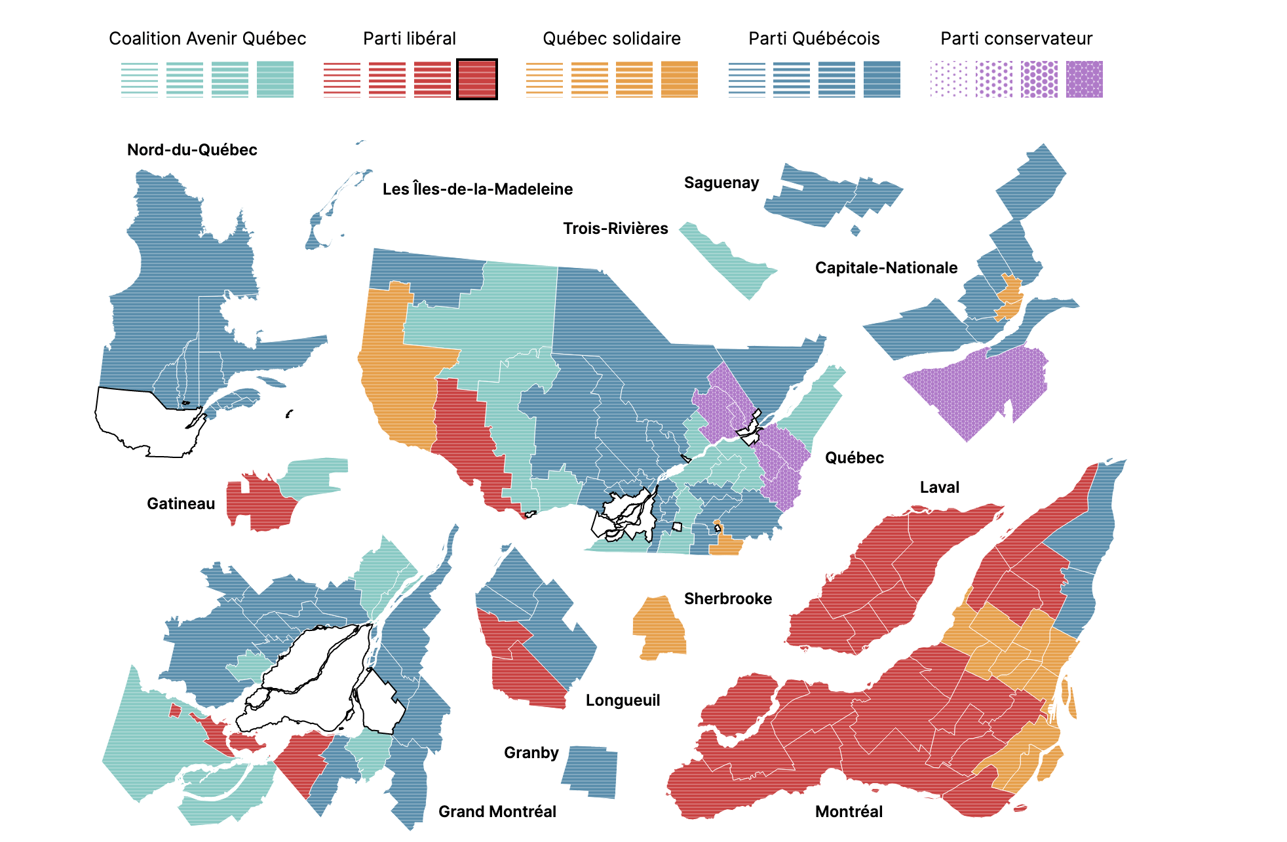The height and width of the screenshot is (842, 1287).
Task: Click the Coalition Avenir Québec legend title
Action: [207, 39]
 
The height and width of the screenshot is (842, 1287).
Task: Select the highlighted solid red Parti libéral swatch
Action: [476, 79]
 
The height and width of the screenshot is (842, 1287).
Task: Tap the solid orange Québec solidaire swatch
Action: [679, 79]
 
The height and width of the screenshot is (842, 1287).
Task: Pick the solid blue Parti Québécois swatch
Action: [881, 79]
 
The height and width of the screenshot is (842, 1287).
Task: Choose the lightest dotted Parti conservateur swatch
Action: [948, 79]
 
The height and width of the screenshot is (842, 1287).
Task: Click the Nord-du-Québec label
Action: [192, 150]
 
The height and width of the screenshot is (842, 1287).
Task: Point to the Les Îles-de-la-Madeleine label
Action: [477, 189]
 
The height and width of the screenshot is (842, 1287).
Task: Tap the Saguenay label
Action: [721, 183]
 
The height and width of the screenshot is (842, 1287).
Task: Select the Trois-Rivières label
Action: [615, 229]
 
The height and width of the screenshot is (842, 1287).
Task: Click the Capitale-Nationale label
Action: [886, 268]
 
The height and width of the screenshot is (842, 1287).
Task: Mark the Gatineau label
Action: [181, 504]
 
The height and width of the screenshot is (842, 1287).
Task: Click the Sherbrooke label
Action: [727, 599]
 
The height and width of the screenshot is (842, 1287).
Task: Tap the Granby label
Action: [531, 753]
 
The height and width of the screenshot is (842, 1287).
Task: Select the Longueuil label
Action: [623, 700]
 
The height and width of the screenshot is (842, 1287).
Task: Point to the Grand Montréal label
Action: [497, 812]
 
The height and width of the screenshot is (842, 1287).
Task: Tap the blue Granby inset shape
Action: [590, 771]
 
